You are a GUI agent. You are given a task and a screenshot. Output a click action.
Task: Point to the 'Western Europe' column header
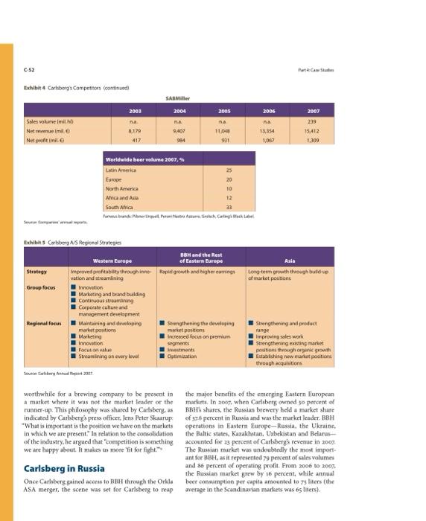[112, 260]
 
